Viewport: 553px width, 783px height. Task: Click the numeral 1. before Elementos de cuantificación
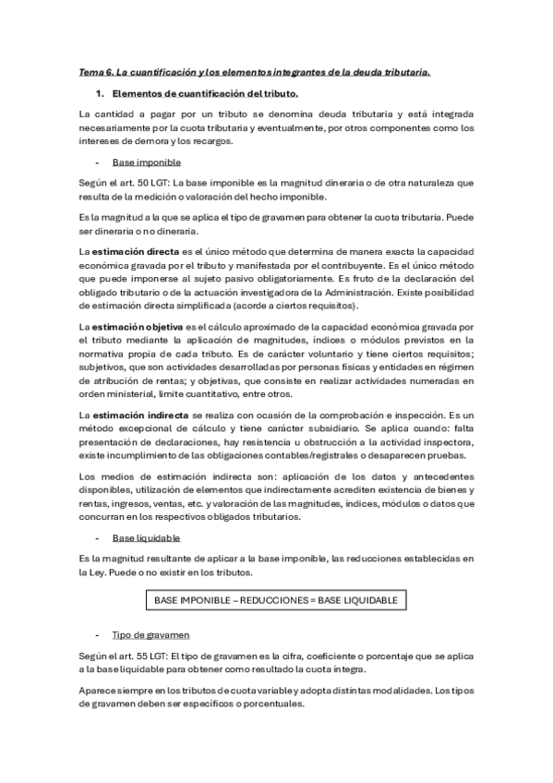pyautogui.click(x=101, y=93)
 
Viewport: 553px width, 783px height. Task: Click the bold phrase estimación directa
pyautogui.click(x=130, y=251)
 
